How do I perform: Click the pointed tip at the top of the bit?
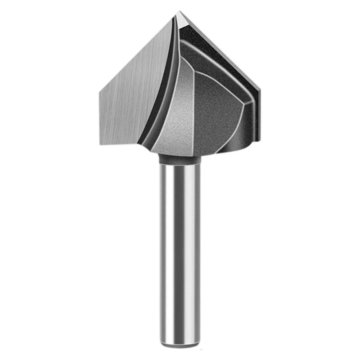(179, 12)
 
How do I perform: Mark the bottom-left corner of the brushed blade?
(100, 144)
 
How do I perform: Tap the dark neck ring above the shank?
(180, 159)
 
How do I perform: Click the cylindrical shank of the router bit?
(180, 252)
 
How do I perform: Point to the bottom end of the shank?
(180, 345)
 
